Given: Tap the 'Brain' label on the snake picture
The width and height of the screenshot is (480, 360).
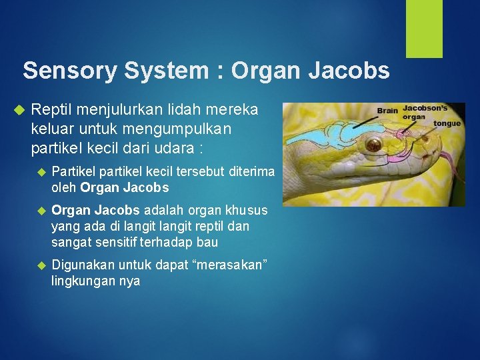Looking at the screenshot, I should tap(388, 111).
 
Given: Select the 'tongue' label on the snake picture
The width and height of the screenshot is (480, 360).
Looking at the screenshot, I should tap(447, 123).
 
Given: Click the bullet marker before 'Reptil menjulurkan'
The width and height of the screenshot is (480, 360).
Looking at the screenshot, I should tap(19, 109).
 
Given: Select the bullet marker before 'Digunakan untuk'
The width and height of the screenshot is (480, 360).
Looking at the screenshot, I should tap(41, 266).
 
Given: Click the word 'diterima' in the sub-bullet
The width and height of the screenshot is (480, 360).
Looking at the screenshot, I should tap(251, 172).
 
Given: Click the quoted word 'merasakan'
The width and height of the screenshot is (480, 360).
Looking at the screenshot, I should tap(229, 266).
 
